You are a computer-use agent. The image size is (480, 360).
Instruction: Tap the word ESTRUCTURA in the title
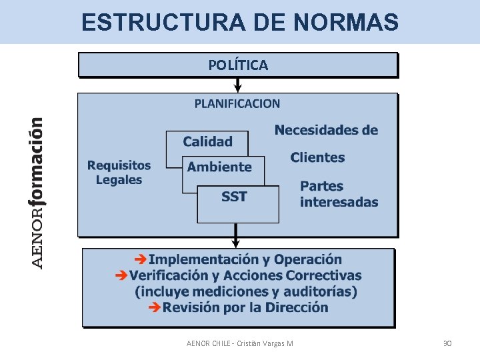(x=164, y=23)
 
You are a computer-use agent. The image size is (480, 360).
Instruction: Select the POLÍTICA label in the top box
(x=238, y=65)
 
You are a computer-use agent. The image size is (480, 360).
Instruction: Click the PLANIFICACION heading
(x=237, y=103)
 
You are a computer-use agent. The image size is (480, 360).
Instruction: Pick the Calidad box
(x=207, y=141)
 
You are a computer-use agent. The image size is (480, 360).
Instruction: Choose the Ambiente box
(x=220, y=167)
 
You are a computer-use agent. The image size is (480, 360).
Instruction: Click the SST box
(x=235, y=197)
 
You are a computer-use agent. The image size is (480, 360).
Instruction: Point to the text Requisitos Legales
(x=119, y=172)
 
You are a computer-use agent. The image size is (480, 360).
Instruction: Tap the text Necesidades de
(x=326, y=130)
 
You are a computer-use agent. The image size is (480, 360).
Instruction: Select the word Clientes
(x=317, y=158)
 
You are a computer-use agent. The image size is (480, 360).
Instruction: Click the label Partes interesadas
(x=339, y=194)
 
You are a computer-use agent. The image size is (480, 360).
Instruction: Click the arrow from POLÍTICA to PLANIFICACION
(x=238, y=85)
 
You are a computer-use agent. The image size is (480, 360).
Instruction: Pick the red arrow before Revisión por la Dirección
(x=154, y=307)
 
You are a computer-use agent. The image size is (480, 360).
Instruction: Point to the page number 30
(x=447, y=343)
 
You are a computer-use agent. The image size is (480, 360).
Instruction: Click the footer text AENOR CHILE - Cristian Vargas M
(x=240, y=343)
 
